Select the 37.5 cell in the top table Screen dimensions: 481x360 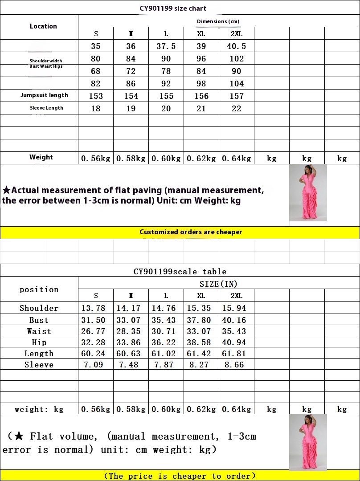166,46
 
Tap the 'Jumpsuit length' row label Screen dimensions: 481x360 44,95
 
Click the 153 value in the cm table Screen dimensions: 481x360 96,96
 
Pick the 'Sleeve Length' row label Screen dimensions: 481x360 46,108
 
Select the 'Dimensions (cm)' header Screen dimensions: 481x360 218,21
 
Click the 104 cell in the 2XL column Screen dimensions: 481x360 237,84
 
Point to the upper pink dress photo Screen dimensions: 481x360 308,193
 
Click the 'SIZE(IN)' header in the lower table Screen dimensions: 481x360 218,284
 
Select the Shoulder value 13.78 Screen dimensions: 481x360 93,308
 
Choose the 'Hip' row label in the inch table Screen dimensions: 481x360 39,342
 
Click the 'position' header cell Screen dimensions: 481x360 39,289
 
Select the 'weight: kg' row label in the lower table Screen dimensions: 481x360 39,409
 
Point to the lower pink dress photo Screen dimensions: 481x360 308,442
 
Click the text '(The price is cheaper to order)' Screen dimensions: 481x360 180,476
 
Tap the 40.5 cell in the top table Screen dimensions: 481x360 237,46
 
